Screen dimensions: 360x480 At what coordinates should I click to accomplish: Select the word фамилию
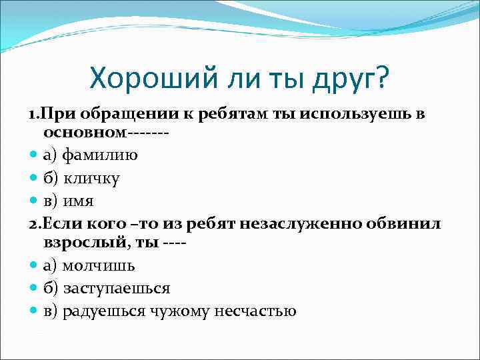coord(100,155)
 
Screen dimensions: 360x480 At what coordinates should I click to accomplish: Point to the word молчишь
coord(99,265)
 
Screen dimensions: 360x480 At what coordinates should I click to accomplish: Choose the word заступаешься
coord(116,288)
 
